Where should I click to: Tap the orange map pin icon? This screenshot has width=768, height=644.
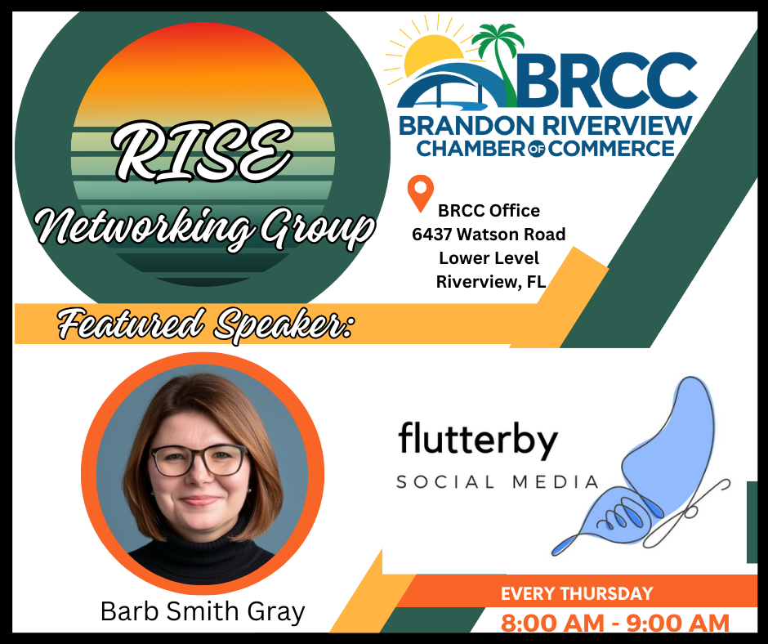tap(421, 193)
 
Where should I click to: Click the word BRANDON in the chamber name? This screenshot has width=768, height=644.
tap(467, 126)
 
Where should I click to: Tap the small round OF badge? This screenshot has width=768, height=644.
tap(538, 150)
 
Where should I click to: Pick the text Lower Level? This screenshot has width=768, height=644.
tap(489, 257)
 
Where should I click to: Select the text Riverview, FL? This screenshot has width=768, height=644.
tap(491, 282)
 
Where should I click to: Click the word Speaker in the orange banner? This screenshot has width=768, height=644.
tap(283, 324)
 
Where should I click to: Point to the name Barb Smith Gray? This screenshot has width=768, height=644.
tap(203, 611)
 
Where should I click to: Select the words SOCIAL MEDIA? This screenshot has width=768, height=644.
tap(497, 482)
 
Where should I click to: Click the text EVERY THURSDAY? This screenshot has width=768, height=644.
tap(577, 593)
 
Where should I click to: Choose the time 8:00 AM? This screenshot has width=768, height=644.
tap(552, 624)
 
